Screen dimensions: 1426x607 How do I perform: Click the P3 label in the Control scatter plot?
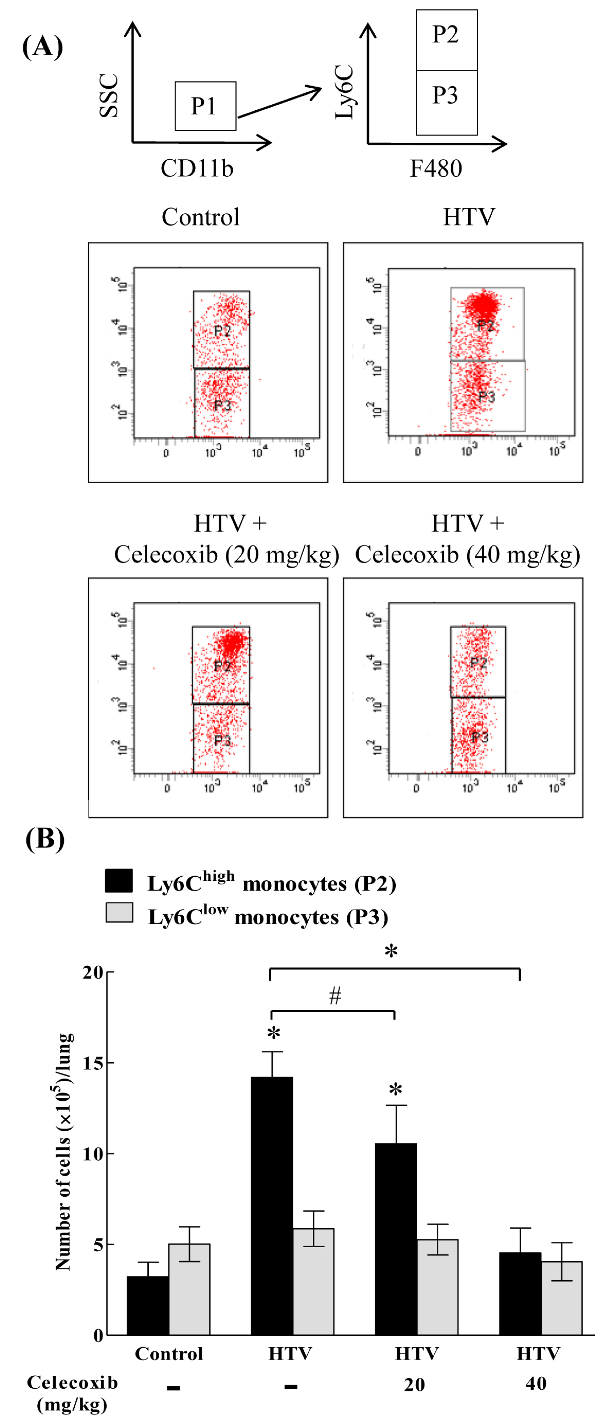222,405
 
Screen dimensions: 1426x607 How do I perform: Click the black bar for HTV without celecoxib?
272,1207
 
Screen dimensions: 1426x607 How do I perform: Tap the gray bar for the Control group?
189,1290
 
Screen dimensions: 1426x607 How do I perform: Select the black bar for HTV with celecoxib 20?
396,1240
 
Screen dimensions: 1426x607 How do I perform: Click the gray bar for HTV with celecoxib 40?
562,1298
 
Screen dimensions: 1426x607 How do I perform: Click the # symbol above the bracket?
335,996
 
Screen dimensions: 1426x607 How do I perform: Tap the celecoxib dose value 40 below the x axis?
536,1383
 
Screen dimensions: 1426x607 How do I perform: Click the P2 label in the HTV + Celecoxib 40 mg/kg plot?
478,663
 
